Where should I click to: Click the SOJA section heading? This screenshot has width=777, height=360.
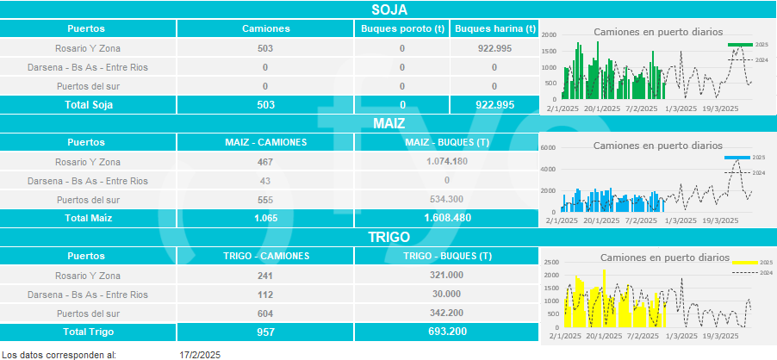point(389,10)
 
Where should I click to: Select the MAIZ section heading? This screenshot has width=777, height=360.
point(389,124)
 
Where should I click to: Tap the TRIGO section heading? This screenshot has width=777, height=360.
point(389,237)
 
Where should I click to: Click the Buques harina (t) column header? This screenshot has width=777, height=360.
point(494,28)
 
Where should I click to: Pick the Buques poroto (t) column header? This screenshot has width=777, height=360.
point(402,28)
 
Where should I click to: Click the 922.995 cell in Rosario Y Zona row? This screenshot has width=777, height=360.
point(494,48)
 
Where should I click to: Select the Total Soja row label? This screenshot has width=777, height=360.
point(90,105)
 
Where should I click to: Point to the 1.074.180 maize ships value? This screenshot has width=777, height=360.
point(447,162)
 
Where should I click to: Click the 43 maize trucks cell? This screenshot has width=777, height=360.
point(265,181)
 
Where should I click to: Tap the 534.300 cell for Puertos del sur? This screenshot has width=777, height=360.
point(447,200)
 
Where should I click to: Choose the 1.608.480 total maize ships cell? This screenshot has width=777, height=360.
point(447,218)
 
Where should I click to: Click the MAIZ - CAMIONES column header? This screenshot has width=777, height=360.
point(265,143)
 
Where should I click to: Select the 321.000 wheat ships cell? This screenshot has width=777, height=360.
point(447,276)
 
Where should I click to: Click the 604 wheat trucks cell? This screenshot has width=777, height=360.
point(265,313)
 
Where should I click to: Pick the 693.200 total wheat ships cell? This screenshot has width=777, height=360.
point(447,332)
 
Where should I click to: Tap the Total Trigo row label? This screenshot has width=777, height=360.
point(90,332)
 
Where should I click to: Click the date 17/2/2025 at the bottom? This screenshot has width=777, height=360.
point(200,355)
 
